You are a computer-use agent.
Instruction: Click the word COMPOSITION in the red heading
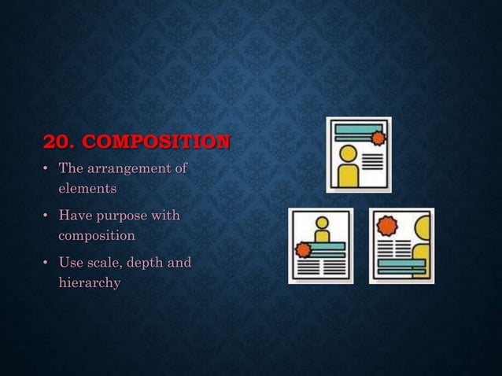[157, 142]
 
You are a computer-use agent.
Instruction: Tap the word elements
[87, 189]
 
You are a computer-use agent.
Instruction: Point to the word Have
[76, 215]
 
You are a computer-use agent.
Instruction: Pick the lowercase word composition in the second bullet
[96, 235]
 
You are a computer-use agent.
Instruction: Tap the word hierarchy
[89, 282]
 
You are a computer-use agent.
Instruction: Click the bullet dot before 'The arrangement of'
[46, 169]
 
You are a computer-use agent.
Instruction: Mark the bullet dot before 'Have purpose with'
[46, 216]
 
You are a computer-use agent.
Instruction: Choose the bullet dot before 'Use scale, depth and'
[46, 263]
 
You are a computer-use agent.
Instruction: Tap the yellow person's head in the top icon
[347, 153]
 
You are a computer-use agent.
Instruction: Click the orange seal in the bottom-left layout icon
[302, 250]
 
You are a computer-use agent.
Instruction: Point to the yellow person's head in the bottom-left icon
[321, 223]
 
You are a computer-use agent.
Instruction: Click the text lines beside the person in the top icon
[372, 161]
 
